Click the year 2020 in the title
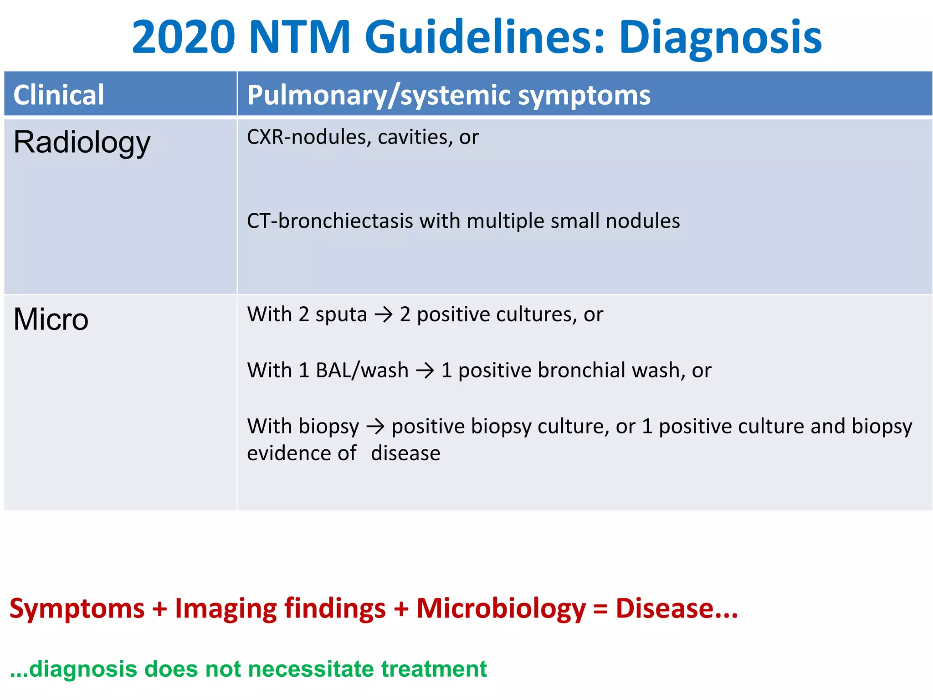click(184, 37)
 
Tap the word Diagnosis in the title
click(720, 37)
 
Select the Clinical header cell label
click(59, 95)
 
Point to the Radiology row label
click(82, 143)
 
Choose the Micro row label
click(51, 319)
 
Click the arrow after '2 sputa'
click(383, 314)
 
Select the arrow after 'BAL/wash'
click(425, 370)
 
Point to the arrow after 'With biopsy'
click(375, 427)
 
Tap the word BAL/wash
click(362, 370)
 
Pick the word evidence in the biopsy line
click(302, 453)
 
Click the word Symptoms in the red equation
click(77, 608)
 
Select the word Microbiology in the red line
click(501, 608)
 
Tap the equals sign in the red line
click(600, 609)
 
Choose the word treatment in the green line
click(434, 669)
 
